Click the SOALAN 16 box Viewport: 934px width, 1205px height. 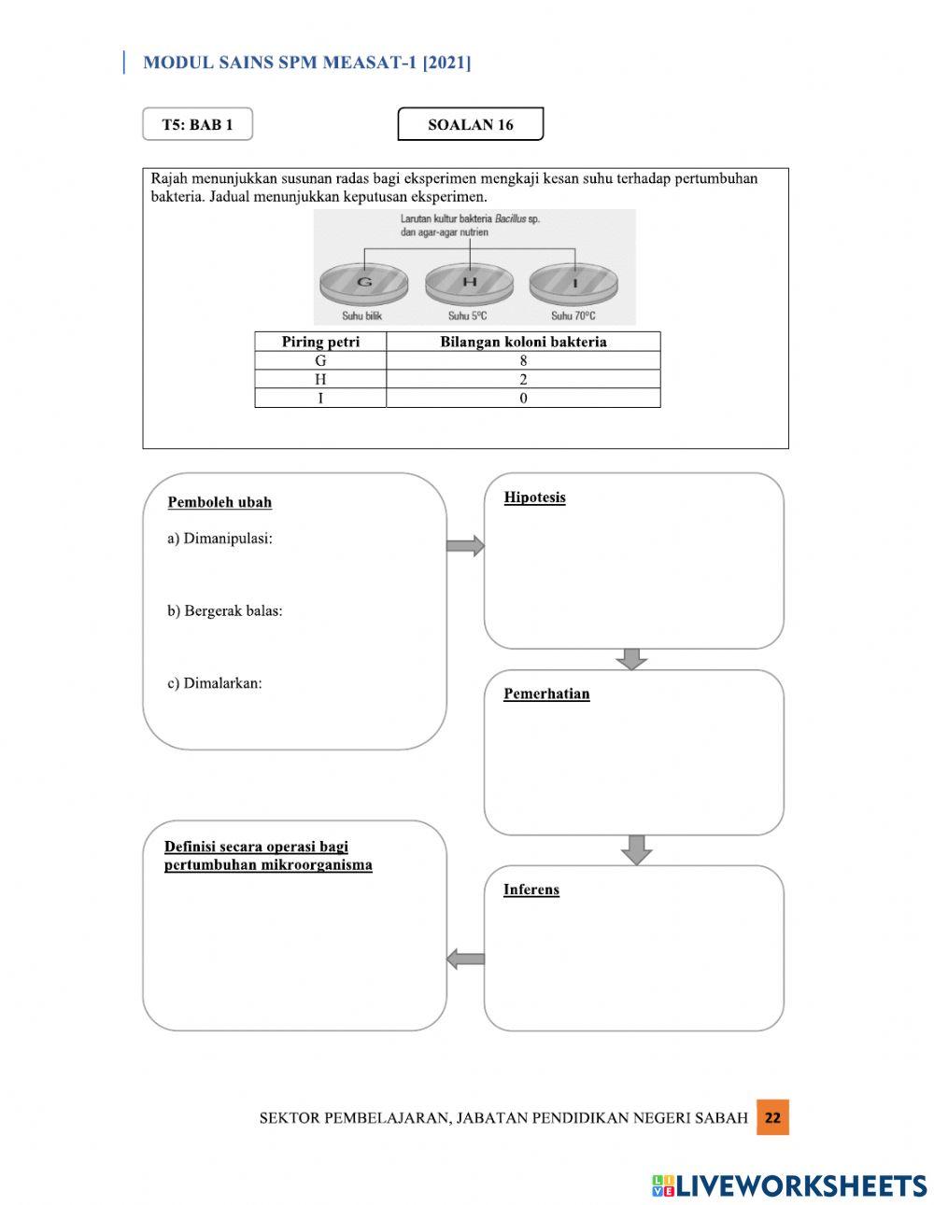click(470, 124)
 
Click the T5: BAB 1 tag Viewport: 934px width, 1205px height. click(197, 124)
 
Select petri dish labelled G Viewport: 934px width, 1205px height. click(364, 282)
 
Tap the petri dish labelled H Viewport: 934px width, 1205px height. click(469, 282)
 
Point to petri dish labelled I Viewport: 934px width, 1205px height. click(573, 282)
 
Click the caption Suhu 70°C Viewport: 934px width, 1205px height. click(573, 316)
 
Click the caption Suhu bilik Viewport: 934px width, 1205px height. click(361, 316)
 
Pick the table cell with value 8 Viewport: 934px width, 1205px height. click(523, 360)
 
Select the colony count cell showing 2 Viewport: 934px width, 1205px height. click(523, 379)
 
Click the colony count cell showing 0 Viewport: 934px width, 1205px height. click(523, 399)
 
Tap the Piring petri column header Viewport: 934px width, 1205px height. click(320, 342)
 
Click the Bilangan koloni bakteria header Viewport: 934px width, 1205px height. click(523, 342)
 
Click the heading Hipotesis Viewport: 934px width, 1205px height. click(534, 497)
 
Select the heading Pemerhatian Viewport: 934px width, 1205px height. click(546, 694)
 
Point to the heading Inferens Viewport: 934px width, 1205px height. click(531, 890)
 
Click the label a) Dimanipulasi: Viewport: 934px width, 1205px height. click(219, 539)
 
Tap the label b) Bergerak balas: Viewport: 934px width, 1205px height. click(224, 611)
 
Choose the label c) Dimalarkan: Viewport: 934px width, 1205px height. click(215, 683)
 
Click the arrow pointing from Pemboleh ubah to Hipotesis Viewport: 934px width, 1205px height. click(465, 546)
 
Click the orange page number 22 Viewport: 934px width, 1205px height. click(772, 1117)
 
